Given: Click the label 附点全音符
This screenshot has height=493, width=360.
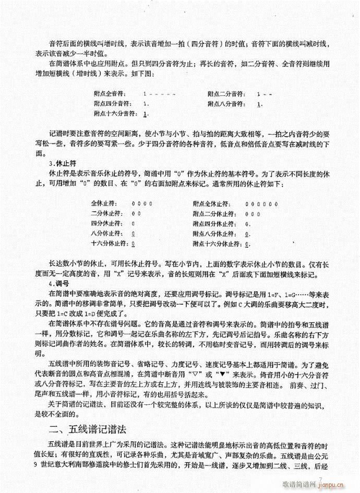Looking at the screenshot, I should tap(109, 94).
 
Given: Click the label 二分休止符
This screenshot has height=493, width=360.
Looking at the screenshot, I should tap(105, 213).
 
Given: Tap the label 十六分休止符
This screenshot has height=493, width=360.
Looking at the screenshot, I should tap(108, 244).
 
